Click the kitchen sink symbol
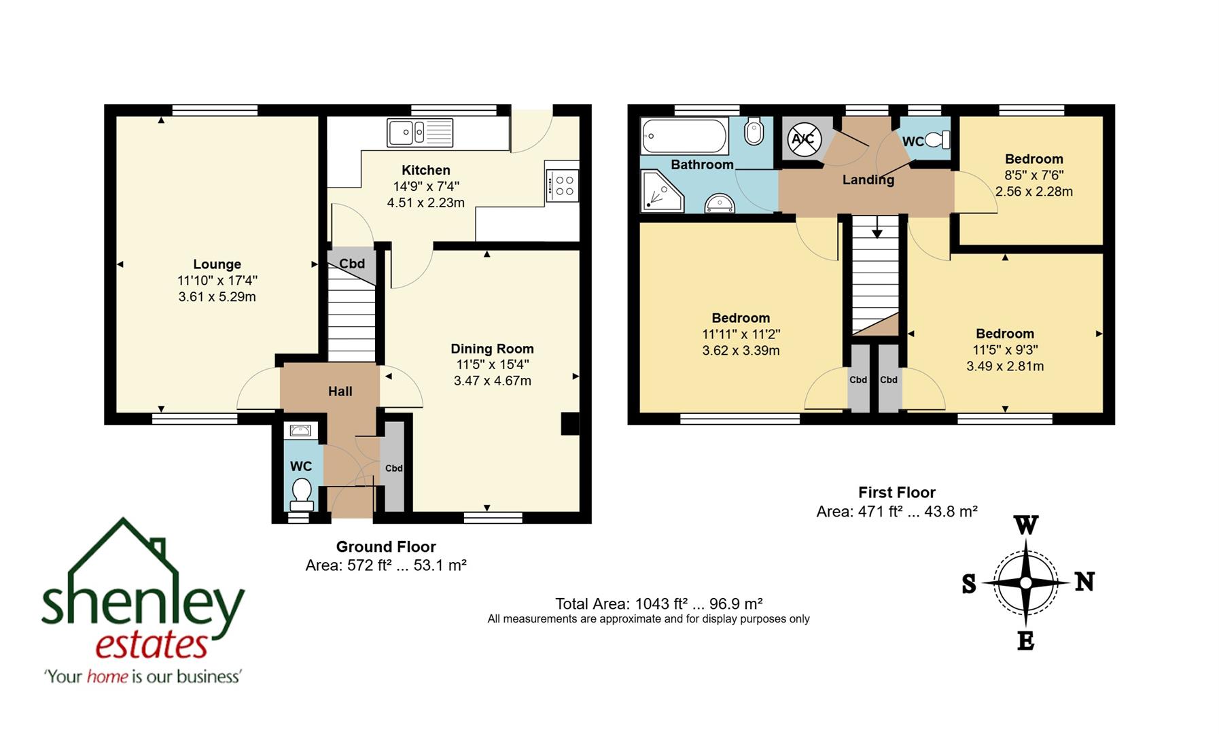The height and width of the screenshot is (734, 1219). coord(419,132)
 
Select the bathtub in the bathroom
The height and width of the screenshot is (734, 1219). coord(684,136)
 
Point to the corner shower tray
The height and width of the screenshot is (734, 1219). coord(661,191)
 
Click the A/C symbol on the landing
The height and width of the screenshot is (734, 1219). coord(802,139)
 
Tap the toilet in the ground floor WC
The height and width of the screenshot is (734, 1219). coord(300,493)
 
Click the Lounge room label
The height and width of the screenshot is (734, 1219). coord(217,264)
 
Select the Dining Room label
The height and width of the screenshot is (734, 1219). coord(492,349)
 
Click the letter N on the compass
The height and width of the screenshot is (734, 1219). coord(1084,582)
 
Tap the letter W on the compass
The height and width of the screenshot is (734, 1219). coord(1026,525)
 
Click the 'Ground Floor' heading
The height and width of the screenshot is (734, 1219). coord(385,547)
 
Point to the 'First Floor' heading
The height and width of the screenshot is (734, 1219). coord(896,493)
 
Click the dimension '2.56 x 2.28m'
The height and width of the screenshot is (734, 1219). coord(1033,192)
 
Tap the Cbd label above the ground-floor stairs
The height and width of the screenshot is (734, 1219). coord(352,264)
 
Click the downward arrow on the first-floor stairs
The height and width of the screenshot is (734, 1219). coord(877,228)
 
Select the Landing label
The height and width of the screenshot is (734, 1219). coord(868,180)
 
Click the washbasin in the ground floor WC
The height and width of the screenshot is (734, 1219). coord(300,430)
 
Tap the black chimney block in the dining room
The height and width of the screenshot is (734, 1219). coord(569,423)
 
